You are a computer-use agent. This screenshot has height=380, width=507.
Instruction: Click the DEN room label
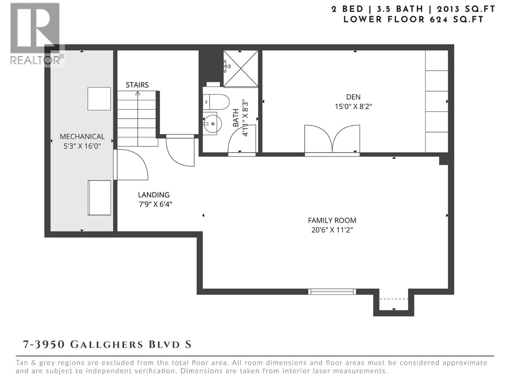(353, 97)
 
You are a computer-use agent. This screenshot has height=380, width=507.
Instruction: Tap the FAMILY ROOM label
(332, 220)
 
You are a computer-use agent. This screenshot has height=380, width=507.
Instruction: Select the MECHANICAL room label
(82, 136)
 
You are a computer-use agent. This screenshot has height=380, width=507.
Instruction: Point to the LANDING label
(154, 195)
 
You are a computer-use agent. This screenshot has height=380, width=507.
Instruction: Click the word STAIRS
(137, 85)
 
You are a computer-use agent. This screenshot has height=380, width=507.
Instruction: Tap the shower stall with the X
(241, 69)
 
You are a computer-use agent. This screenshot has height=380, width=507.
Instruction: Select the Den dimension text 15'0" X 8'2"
(353, 107)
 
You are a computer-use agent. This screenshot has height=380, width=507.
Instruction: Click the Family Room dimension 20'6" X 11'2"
(332, 230)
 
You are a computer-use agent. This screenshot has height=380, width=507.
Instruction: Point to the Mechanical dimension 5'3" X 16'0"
(82, 146)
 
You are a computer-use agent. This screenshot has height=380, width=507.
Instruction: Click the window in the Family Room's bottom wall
(332, 292)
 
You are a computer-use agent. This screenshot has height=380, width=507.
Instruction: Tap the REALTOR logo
(37, 35)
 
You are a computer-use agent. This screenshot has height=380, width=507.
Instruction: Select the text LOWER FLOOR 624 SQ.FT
(413, 19)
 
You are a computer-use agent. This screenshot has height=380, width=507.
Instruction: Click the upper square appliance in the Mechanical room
(99, 99)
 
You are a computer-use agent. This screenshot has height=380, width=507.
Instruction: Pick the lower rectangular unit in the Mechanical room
(99, 198)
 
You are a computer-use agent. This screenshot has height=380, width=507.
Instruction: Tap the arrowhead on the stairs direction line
(138, 93)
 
